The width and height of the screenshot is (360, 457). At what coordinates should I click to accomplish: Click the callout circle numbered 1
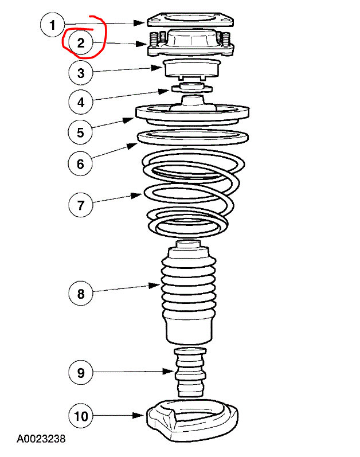[53, 25]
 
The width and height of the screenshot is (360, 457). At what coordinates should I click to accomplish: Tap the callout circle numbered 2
[81, 42]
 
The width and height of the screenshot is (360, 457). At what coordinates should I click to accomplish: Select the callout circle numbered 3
[81, 73]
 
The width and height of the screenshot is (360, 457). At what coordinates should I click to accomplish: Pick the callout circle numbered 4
[81, 103]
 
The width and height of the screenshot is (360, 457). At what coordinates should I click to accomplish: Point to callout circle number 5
[81, 132]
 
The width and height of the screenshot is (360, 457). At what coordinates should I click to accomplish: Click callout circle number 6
[81, 163]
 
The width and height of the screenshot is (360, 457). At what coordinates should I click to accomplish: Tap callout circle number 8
[81, 294]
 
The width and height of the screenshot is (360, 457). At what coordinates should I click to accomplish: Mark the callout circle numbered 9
[81, 372]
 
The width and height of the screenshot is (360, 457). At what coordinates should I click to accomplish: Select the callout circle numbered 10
[81, 416]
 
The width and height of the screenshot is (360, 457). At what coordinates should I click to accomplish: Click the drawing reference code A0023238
[41, 439]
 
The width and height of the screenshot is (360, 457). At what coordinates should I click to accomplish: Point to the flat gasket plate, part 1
[191, 21]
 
